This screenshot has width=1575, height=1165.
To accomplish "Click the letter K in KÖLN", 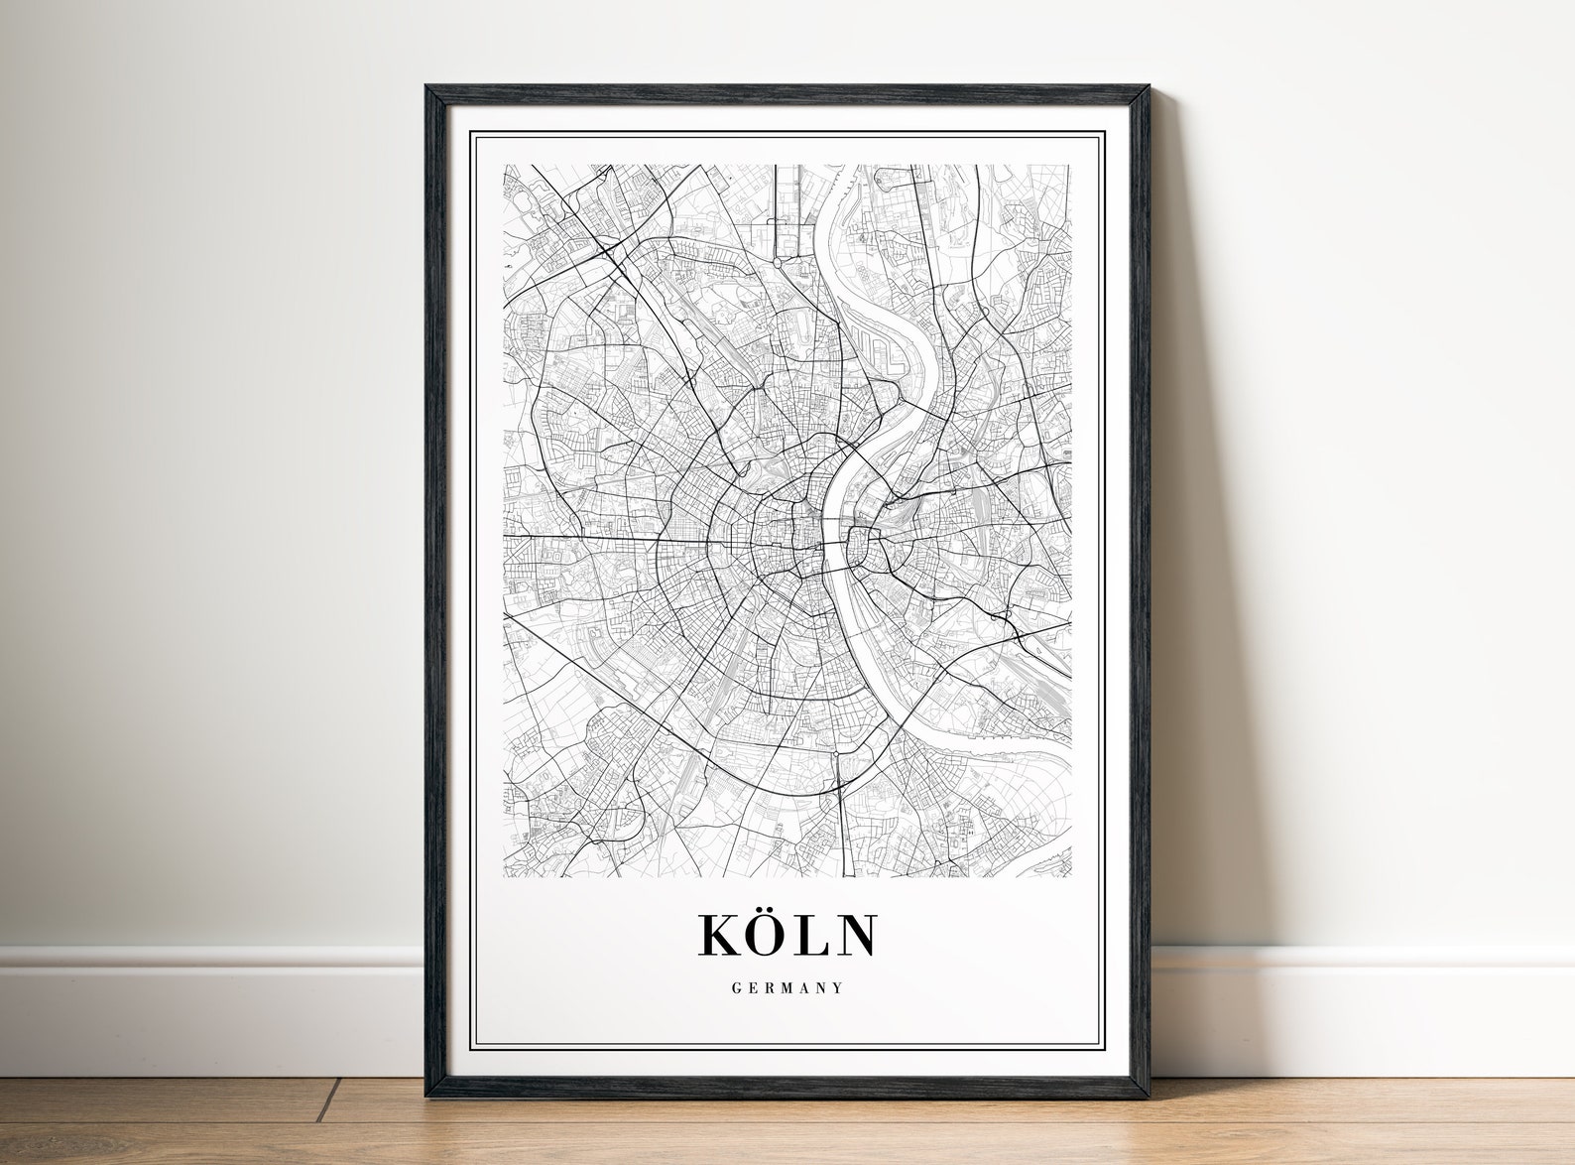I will click(x=722, y=935).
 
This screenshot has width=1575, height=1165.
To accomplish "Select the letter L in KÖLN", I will click(x=816, y=935).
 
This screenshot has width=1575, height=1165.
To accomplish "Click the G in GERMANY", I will click(x=736, y=988).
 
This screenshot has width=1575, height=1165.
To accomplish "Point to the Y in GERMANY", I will click(x=839, y=988).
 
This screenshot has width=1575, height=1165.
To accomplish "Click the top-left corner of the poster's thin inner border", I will click(x=473, y=134).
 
